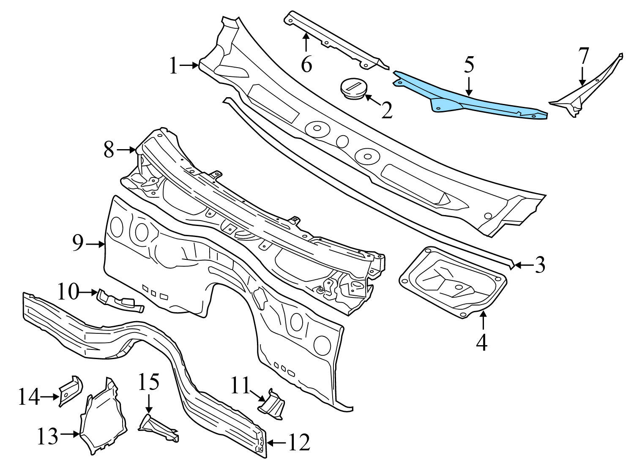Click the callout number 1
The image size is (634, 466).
tap(173, 66)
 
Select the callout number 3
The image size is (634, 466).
tap(539, 265)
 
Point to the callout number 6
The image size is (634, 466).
tap(306, 65)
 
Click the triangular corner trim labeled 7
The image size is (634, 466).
tap(588, 93)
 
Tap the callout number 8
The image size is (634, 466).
tap(109, 150)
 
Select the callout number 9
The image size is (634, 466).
tap(77, 244)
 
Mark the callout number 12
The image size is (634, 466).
tap(299, 442)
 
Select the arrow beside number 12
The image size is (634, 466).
tap(277, 442)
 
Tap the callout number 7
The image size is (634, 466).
tap(583, 55)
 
